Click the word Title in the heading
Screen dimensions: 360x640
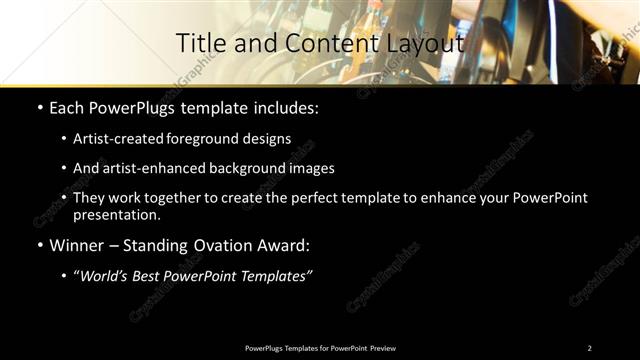coord(199,43)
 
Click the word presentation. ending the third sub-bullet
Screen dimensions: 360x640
coord(116,214)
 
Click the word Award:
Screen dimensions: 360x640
coord(285,244)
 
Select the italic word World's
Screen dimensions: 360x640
coord(106,276)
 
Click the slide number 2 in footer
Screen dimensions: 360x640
coord(589,348)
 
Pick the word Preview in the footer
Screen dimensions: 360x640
coord(383,348)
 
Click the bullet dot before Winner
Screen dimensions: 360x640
coord(39,245)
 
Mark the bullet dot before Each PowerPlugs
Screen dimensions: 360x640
coord(39,107)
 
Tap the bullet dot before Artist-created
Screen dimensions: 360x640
coord(65,139)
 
